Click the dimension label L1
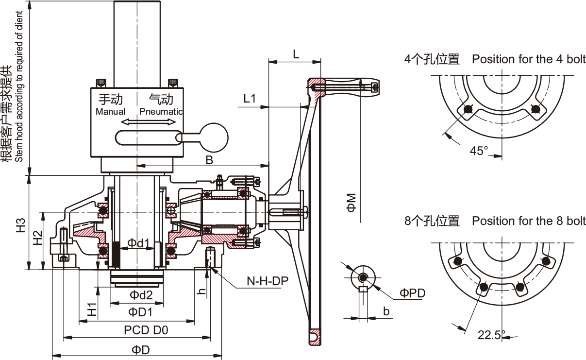(250, 99)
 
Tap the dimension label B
(209, 160)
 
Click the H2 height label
(37, 238)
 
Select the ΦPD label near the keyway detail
(412, 293)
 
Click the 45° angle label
(478, 151)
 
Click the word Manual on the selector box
(110, 112)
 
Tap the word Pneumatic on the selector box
(161, 112)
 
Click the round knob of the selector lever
(214, 137)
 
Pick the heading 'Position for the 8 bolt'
(529, 221)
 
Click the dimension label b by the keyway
(386, 311)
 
